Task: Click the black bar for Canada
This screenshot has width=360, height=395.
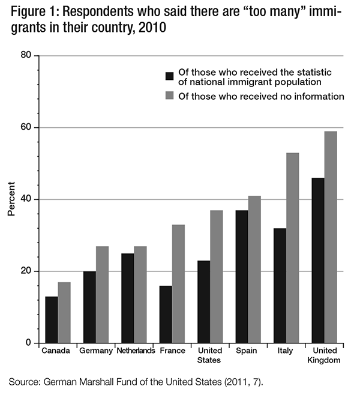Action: pyautogui.click(x=51, y=319)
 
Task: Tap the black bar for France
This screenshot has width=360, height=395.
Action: pyautogui.click(x=166, y=314)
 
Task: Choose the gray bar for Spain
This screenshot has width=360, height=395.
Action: pyautogui.click(x=254, y=270)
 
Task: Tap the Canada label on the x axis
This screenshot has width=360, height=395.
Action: pyautogui.click(x=57, y=351)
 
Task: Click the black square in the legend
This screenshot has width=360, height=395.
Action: pyautogui.click(x=170, y=76)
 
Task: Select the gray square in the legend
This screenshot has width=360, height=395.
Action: pyautogui.click(x=170, y=96)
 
